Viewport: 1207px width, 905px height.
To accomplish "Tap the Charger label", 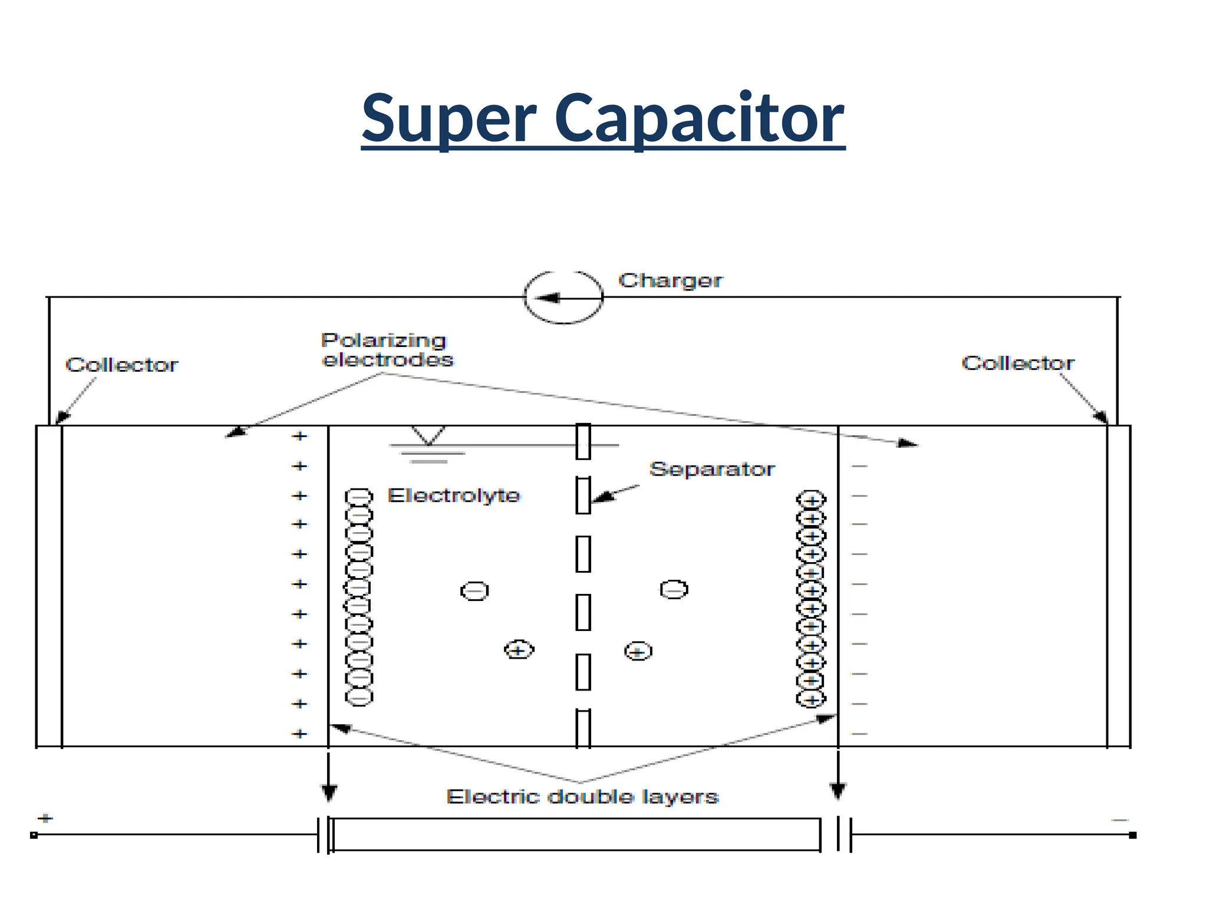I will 670,280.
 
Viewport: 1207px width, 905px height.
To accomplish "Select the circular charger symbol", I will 563,298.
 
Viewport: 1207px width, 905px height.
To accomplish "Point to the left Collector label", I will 121,365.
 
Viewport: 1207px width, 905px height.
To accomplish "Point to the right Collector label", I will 1018,363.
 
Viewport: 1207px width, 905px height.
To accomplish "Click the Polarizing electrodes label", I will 387,350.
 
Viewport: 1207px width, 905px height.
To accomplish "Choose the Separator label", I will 712,469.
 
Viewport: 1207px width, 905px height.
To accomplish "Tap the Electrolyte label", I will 454,496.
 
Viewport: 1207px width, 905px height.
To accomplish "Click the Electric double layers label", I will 582,797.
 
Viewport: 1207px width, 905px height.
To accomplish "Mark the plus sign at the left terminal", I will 45,818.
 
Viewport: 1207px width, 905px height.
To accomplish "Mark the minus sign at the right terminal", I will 1120,820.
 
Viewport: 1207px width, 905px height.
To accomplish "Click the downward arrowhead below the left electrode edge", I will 329,793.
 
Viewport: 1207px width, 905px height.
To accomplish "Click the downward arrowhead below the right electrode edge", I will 837,790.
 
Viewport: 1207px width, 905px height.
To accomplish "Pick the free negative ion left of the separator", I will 474,591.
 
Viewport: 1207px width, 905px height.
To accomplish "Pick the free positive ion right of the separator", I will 638,652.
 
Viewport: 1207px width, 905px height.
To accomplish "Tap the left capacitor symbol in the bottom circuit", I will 324,834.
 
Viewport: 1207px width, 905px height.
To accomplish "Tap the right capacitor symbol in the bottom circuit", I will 844,834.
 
